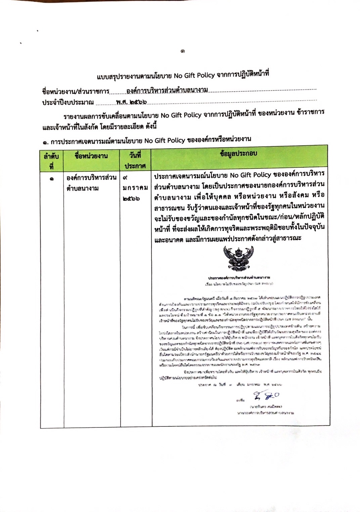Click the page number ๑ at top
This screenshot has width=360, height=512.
point(182,51)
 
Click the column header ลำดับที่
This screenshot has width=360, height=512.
point(51,161)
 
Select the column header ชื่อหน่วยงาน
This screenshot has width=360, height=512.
point(91,156)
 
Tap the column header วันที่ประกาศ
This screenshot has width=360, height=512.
point(135,160)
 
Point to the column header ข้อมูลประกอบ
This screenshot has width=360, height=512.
point(238,154)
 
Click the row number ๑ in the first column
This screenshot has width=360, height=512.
point(51,179)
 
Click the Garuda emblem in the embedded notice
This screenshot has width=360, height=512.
point(238,258)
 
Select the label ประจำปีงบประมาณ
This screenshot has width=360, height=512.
point(68,103)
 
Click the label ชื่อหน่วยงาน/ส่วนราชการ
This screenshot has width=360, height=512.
point(76,92)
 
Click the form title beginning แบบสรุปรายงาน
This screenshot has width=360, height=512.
point(183,75)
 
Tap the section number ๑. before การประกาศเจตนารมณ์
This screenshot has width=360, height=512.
point(46,142)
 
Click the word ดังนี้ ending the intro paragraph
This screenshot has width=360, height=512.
point(149,127)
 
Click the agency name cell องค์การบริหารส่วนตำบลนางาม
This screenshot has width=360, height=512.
point(91,183)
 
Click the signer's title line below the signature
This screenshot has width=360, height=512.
point(265,413)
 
